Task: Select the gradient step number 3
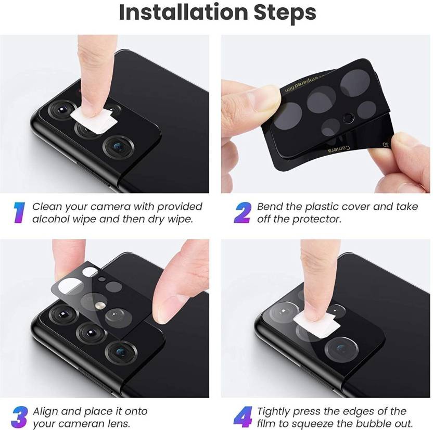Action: (19, 417)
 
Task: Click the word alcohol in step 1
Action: (50, 219)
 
